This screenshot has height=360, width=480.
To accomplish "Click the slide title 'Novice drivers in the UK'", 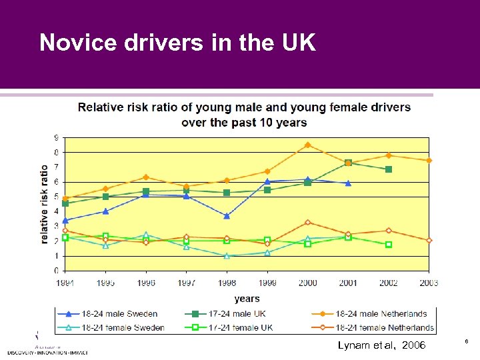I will (177, 43).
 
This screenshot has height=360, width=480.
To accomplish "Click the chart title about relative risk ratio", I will (245, 115).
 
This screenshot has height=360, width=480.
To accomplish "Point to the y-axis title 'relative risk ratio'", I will (45, 204).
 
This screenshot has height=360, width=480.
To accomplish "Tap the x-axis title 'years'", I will (247, 299).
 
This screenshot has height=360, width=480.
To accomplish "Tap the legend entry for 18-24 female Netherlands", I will (378, 327).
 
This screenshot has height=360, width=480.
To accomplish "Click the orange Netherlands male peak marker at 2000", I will (307, 145).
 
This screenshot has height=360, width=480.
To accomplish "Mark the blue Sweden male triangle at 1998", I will (227, 216).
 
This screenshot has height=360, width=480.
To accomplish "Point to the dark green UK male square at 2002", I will (389, 169).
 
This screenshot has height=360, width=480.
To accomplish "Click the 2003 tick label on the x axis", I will (429, 283).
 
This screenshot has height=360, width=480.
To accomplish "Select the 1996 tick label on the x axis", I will (146, 283).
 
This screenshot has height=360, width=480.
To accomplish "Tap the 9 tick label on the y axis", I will (57, 138).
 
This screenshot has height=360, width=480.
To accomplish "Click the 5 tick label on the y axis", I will (57, 197).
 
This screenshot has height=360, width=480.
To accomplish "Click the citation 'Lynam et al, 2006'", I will (381, 345).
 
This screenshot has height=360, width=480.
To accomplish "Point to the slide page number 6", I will (466, 341).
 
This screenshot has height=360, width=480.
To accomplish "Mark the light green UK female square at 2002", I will (389, 245).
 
